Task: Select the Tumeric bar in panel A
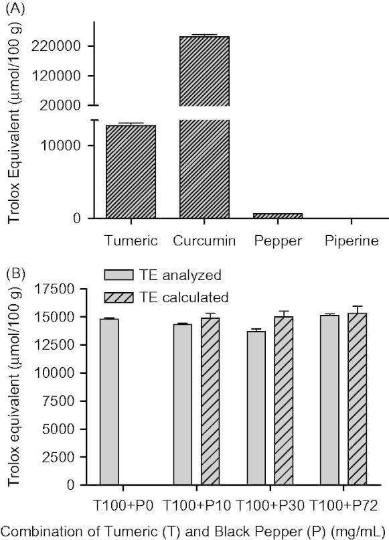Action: tap(131, 172)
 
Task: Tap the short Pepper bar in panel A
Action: tap(278, 215)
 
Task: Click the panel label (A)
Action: tap(17, 9)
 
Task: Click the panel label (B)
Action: tap(17, 274)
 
